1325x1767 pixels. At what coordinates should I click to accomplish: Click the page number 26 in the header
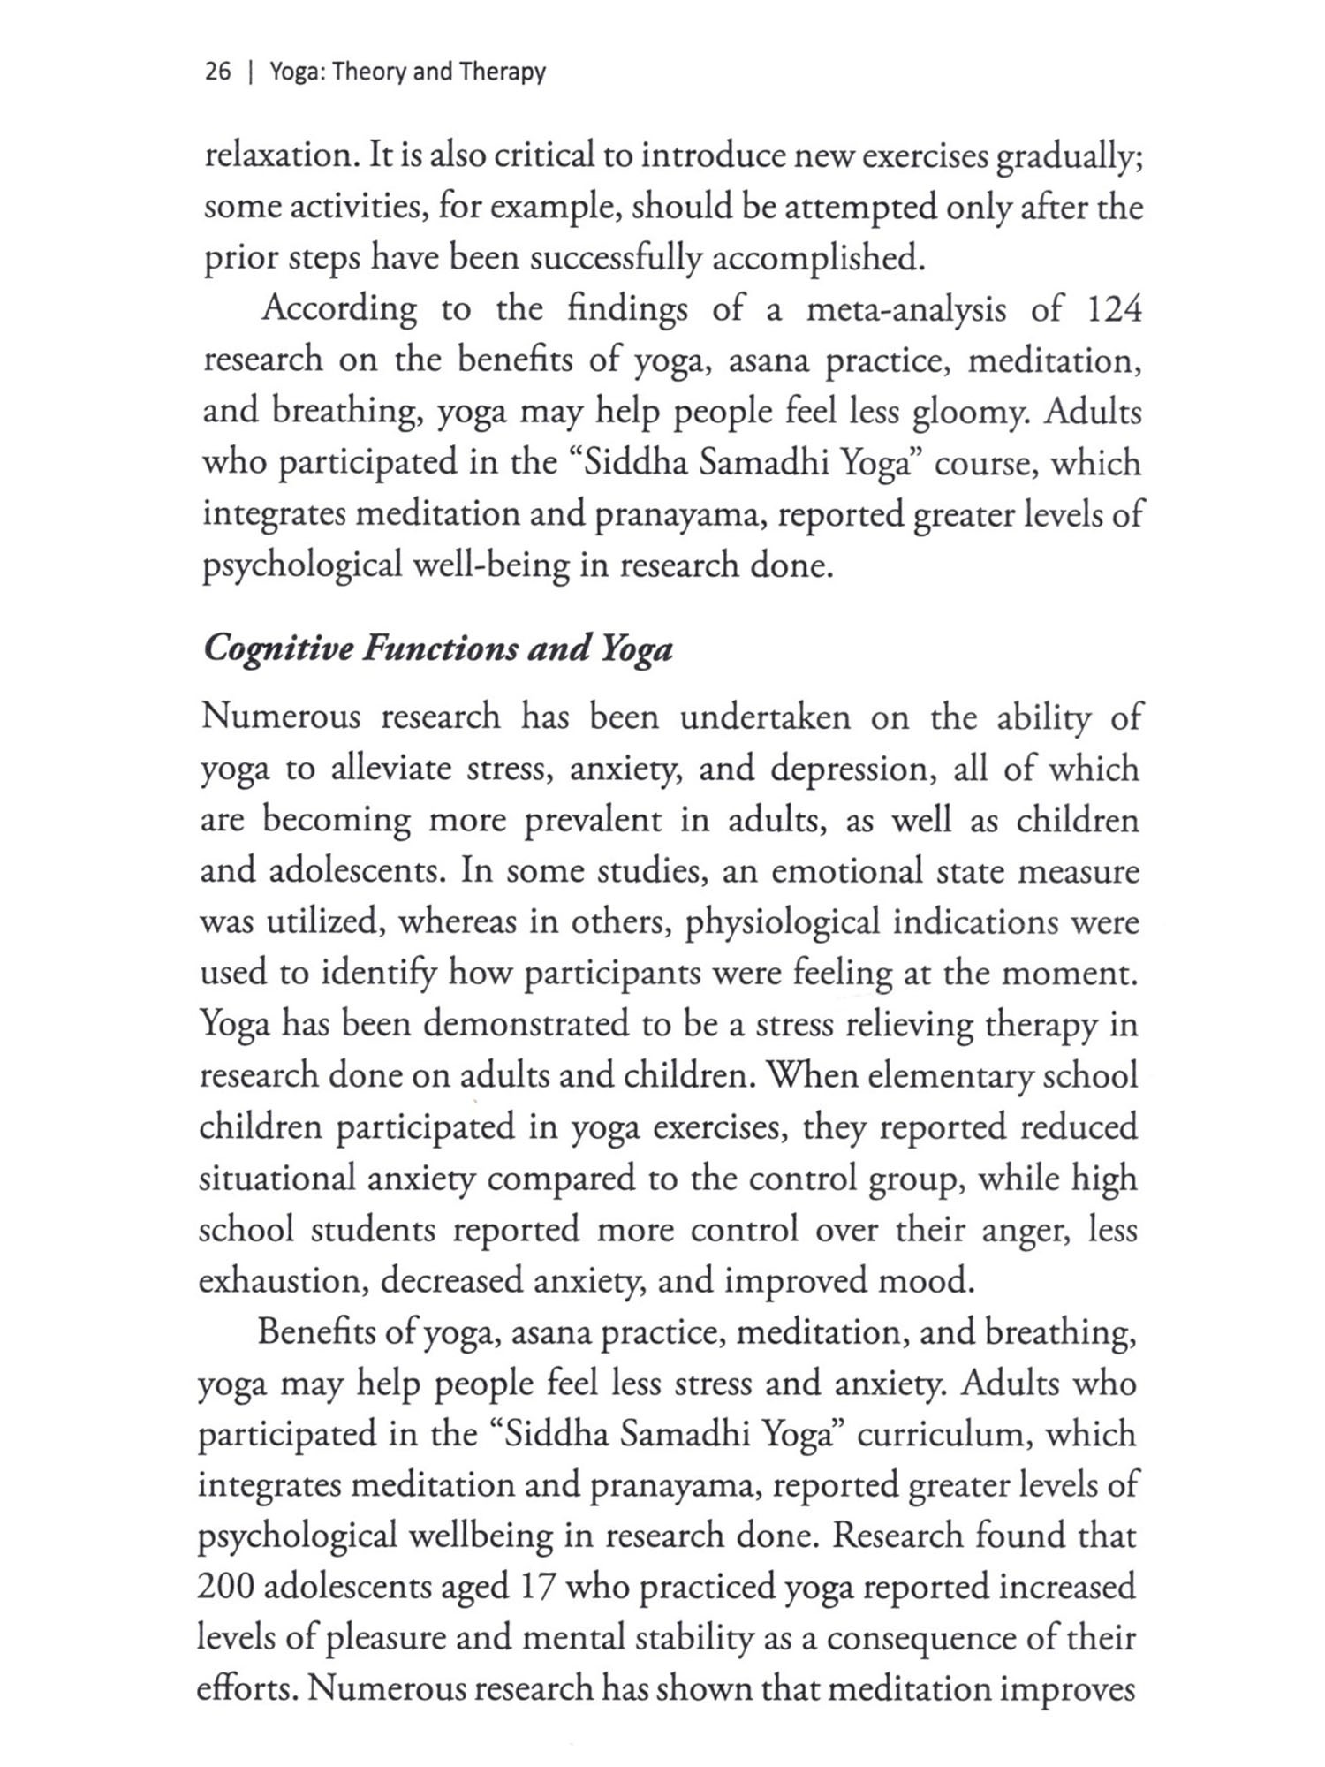click(217, 72)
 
